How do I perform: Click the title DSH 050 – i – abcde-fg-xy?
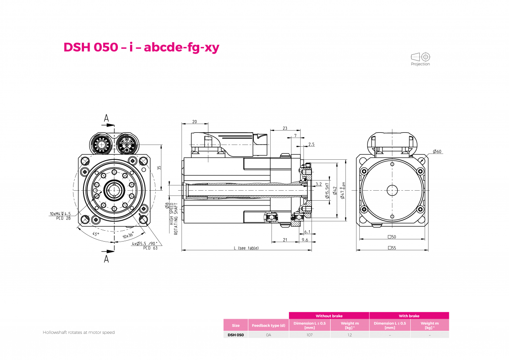[141, 47]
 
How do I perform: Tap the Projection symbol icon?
[421, 57]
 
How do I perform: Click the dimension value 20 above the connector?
[194, 122]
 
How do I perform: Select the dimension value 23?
[285, 128]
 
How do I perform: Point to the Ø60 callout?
[437, 151]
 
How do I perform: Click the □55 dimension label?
[392, 248]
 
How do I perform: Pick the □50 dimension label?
[392, 237]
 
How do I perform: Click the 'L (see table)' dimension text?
[246, 248]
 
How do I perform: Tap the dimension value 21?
[285, 240]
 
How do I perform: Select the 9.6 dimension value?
[305, 240]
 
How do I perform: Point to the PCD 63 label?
[150, 248]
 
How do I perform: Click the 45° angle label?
[95, 234]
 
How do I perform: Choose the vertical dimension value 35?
[159, 168]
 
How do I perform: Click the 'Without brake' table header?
[329, 316]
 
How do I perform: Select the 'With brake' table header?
[409, 316]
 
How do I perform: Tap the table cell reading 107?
[309, 335]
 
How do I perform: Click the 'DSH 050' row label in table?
[236, 335]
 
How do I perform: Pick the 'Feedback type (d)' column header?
[268, 325]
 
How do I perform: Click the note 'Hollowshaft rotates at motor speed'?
[79, 333]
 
